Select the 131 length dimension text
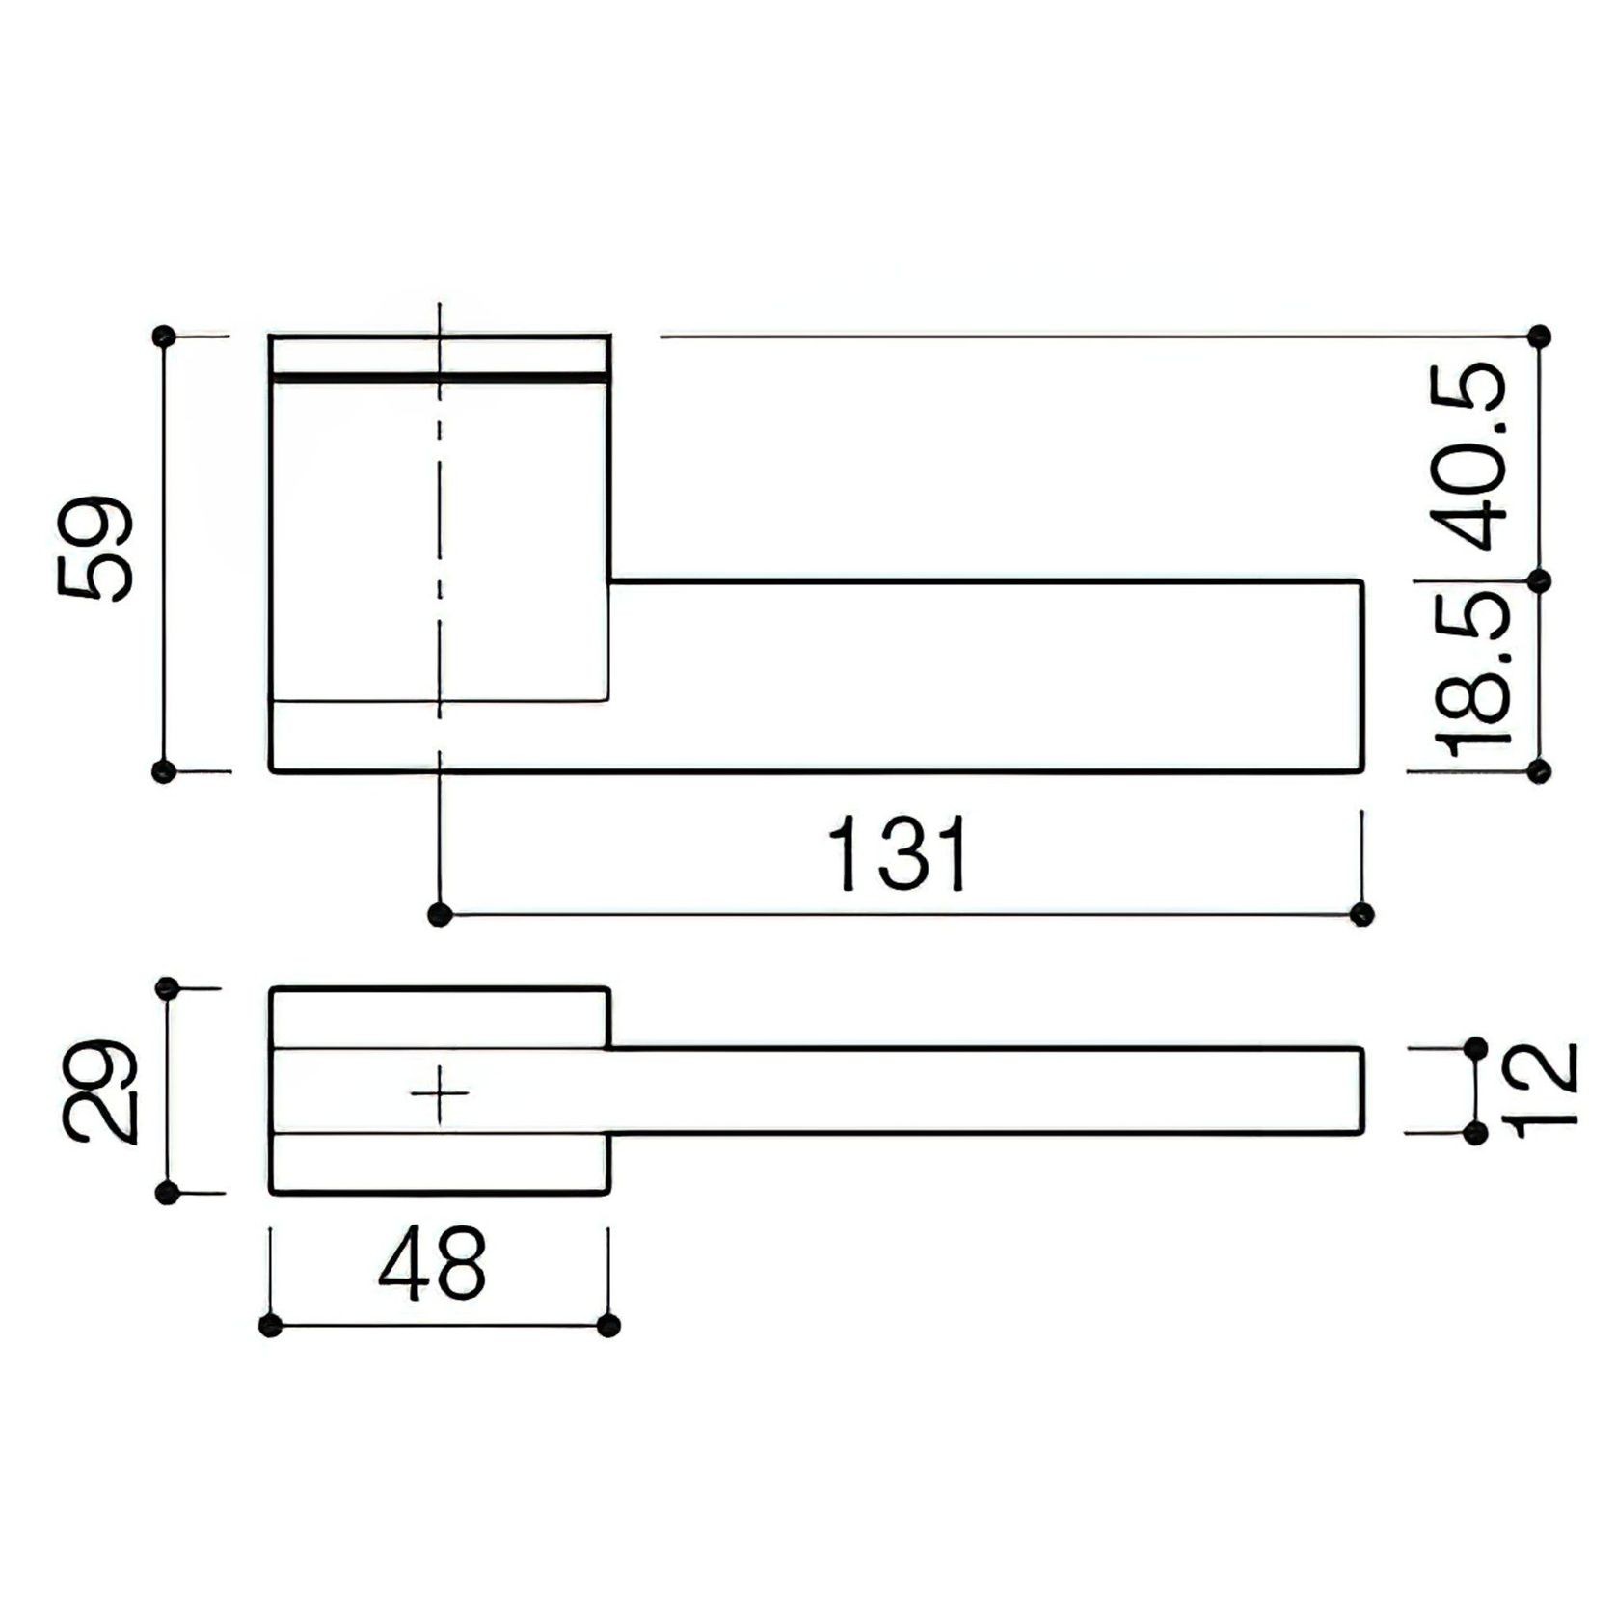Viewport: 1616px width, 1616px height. [x=899, y=854]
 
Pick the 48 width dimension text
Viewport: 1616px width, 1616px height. [x=432, y=1264]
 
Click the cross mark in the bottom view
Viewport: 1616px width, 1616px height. [x=440, y=1093]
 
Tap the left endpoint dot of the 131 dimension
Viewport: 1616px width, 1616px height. [x=440, y=913]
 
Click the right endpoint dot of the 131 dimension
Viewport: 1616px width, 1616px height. [x=1361, y=913]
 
